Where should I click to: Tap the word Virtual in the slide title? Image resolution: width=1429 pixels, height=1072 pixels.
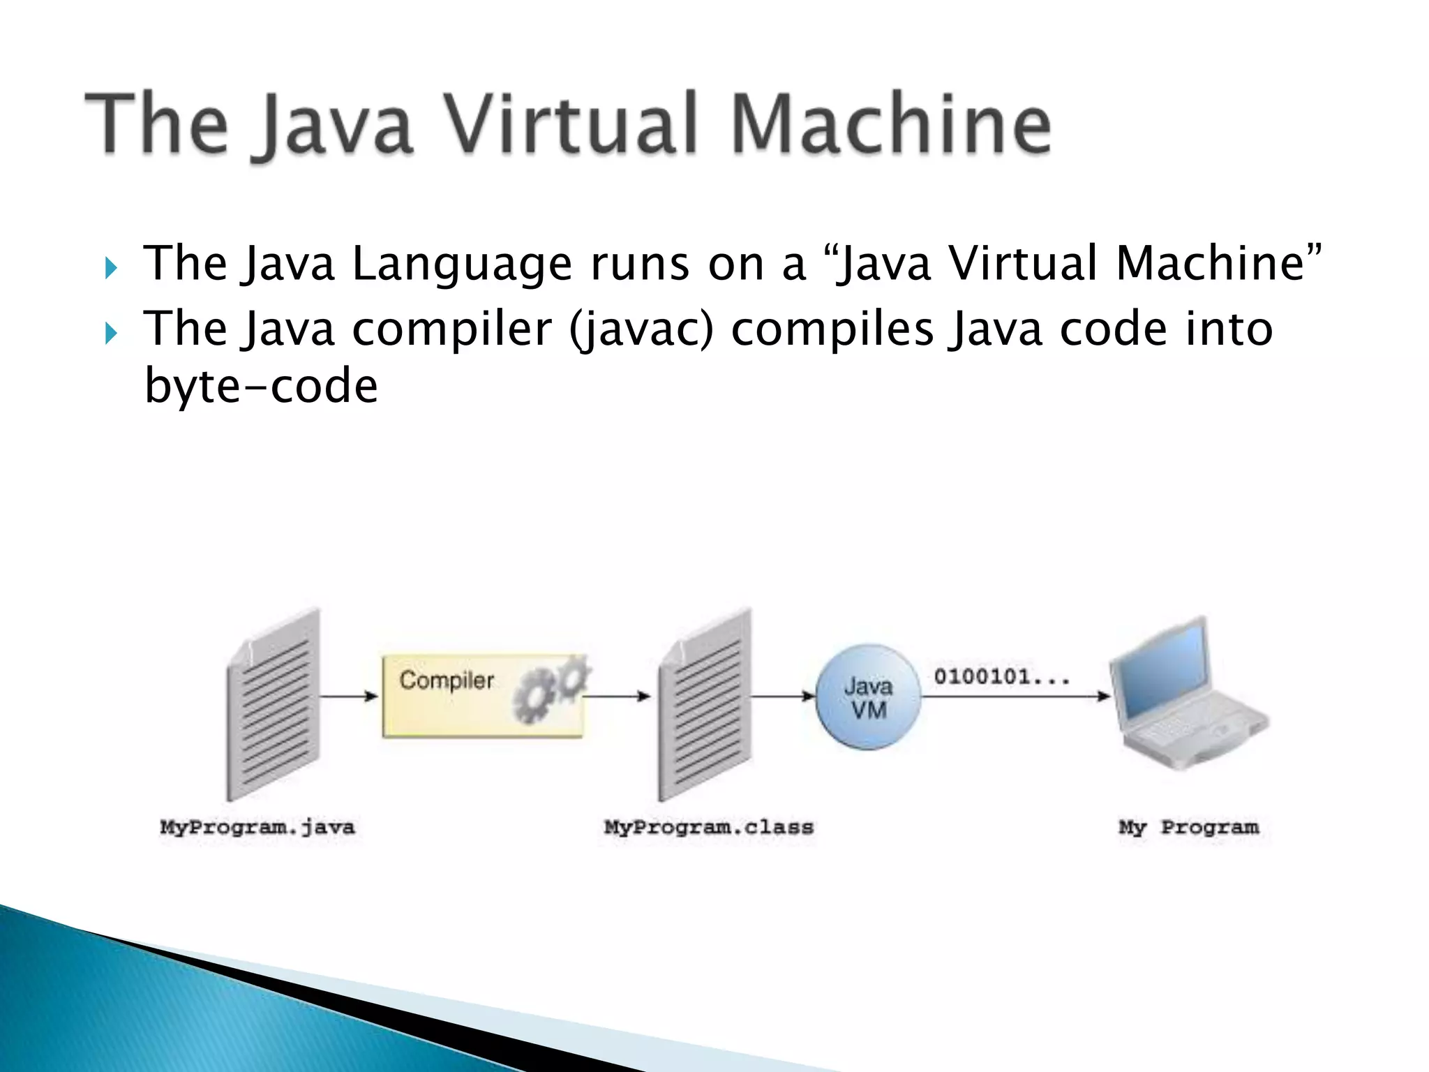click(571, 124)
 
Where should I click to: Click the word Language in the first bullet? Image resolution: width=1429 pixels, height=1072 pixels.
click(461, 265)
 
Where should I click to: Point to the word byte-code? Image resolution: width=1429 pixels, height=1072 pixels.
click(261, 386)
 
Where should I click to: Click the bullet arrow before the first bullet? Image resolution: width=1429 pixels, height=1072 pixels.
click(111, 267)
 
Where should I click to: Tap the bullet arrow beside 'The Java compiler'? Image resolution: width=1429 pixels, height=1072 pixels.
click(111, 333)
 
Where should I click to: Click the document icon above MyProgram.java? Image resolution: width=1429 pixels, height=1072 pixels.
click(273, 705)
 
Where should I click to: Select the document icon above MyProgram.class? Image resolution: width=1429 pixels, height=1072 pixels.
click(705, 705)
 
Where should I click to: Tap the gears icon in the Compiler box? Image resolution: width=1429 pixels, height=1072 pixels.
click(551, 687)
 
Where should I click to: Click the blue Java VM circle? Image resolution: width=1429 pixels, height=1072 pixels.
click(868, 697)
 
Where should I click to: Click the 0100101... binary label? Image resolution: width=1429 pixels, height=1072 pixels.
click(1001, 676)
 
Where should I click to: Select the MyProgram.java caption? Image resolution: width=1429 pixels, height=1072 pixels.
click(257, 828)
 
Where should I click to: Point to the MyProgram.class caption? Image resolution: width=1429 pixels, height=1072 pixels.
click(709, 828)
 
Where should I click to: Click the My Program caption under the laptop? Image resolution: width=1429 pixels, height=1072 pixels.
click(1189, 828)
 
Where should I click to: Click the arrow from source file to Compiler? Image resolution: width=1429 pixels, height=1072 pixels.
click(349, 696)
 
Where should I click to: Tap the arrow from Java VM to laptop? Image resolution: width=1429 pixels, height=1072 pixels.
click(1015, 696)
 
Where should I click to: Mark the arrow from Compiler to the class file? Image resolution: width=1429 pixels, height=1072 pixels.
click(618, 696)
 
